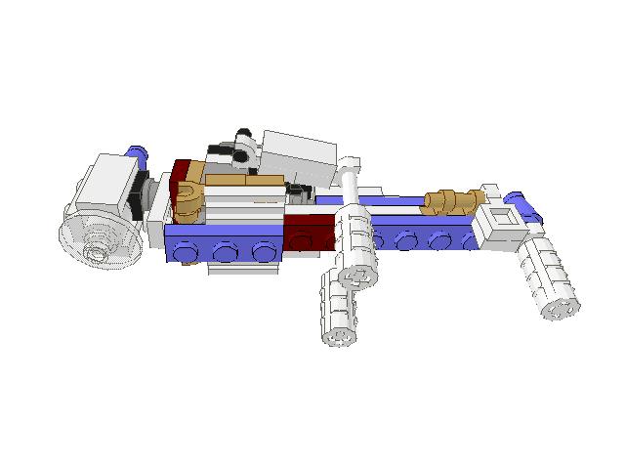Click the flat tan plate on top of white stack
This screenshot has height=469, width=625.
244,180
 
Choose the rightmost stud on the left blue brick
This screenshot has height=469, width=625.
264,251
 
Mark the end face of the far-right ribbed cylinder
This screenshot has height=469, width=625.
561,309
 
